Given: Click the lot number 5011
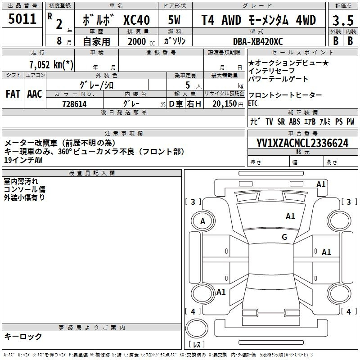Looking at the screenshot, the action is pos(22,18).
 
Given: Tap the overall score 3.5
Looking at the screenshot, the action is pos(343,20).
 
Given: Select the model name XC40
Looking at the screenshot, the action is pos(137,20).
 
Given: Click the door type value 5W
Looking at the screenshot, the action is pos(174,20).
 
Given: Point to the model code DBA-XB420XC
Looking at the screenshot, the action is pos(258,41).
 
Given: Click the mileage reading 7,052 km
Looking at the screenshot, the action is pos(51,64).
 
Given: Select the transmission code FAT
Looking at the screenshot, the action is pos(13,94).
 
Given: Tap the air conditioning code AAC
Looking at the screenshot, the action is pos(35,94).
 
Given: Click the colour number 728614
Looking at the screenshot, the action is pos(74,104).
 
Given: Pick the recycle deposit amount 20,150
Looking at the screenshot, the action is pos(225,104).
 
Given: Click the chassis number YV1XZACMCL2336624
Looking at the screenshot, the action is pos(302,143).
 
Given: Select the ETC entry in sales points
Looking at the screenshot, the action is pos(253,103).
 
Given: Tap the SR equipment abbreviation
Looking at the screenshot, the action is pos(281,121).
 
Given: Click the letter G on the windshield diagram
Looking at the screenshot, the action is pos(284,237).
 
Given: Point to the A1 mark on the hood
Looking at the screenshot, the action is pos(290,216).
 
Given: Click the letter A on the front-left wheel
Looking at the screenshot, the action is pos(202,221).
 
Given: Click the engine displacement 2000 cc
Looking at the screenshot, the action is pos(141,41).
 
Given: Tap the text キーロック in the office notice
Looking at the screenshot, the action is pos(23,336).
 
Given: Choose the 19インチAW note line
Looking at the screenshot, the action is pos(23,160).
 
